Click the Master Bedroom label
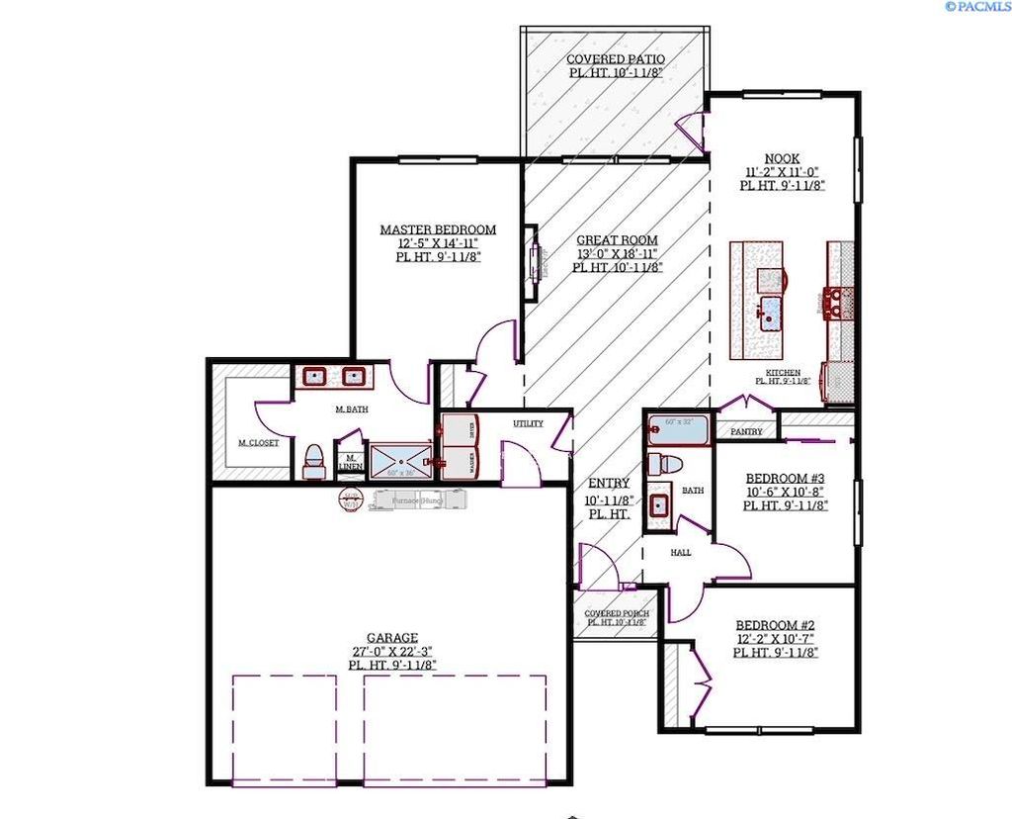click(x=438, y=229)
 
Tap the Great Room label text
click(x=618, y=240)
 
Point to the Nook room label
click(x=782, y=158)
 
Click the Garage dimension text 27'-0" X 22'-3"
click(x=392, y=652)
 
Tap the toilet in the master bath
click(x=313, y=460)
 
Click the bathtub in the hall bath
click(x=678, y=430)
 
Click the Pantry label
click(x=746, y=432)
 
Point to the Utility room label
click(x=528, y=423)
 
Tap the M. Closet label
click(x=258, y=443)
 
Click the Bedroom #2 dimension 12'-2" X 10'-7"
click(x=775, y=639)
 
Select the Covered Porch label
click(x=616, y=613)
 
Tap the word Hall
click(x=681, y=553)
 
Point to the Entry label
click(x=609, y=483)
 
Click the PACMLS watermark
click(x=977, y=6)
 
